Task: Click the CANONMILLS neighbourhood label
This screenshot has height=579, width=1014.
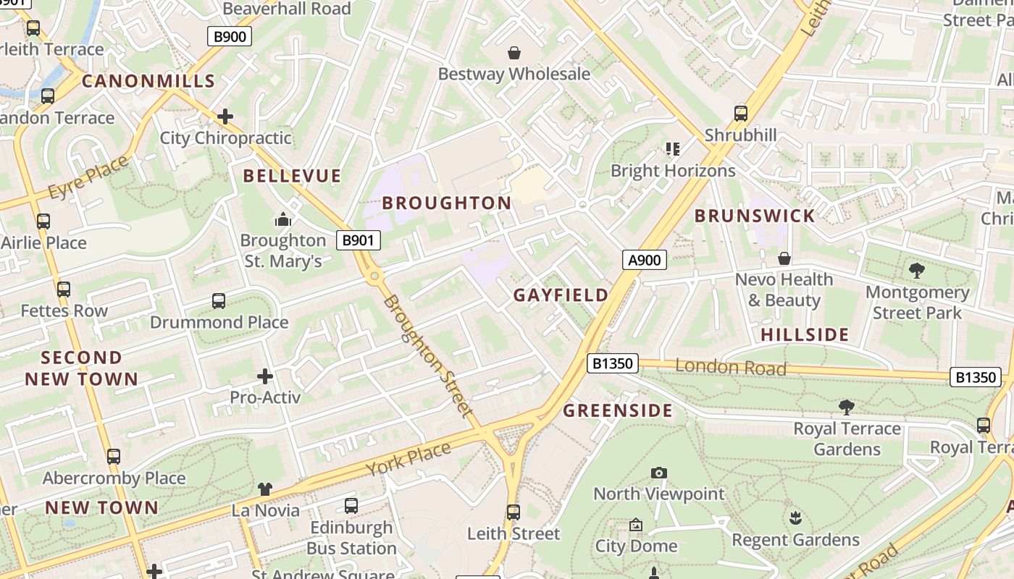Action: click(x=148, y=80)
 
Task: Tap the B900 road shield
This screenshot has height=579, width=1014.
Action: click(x=230, y=36)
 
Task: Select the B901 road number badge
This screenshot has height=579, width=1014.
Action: click(x=359, y=240)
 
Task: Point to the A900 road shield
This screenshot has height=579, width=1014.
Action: click(x=644, y=260)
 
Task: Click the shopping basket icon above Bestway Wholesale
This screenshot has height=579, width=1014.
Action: click(x=514, y=53)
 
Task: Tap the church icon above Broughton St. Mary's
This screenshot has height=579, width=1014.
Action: click(x=282, y=219)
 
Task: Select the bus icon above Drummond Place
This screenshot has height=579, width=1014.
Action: click(x=219, y=301)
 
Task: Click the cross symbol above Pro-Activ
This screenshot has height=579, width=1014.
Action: click(x=265, y=376)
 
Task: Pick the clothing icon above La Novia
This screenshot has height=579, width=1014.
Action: click(x=265, y=490)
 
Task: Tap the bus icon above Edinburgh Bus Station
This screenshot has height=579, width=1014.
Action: click(x=351, y=506)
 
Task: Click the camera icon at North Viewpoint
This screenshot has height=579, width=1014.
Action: click(x=658, y=473)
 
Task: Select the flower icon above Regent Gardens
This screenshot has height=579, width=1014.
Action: click(x=795, y=518)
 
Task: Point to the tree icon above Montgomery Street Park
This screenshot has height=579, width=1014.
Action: click(x=917, y=271)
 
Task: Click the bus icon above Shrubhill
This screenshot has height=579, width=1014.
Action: click(x=740, y=114)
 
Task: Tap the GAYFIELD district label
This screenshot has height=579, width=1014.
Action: click(x=561, y=295)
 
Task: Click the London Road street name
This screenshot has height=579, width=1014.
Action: click(x=730, y=367)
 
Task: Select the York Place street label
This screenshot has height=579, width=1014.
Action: click(x=408, y=458)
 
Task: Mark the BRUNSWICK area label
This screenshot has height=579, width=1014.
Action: click(x=755, y=215)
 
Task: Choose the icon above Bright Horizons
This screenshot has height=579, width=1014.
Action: click(x=673, y=149)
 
